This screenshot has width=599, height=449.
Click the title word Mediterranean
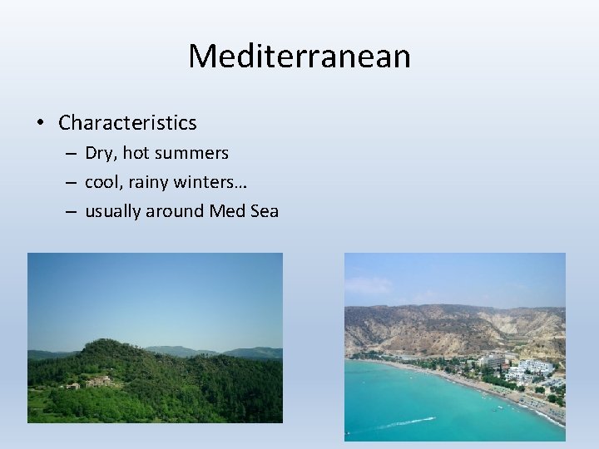(299, 57)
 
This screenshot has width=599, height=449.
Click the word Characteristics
(127, 123)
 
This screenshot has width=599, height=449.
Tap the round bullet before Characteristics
(39, 124)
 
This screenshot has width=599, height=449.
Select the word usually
(113, 212)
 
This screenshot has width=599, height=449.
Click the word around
(175, 211)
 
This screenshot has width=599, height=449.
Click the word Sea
(264, 211)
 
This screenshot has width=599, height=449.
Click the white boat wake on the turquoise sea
(391, 427)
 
